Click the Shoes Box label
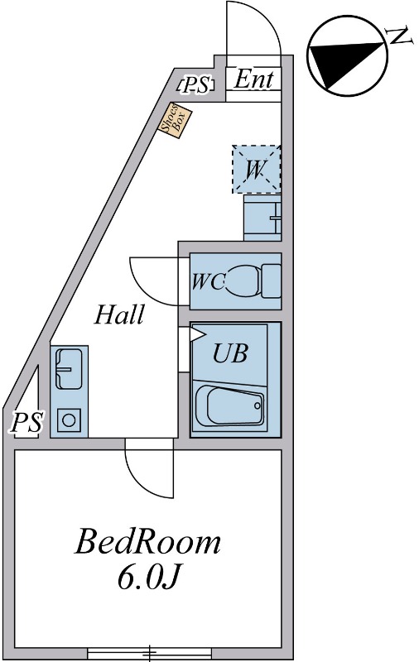175,121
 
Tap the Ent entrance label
253,79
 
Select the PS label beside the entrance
196,86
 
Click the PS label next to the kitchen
27,423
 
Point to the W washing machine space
256,170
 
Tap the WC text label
208,281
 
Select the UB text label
230,354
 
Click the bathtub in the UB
230,406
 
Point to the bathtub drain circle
258,405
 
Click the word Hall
119,315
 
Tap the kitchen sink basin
69,368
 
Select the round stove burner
69,420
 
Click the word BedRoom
148,542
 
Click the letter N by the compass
400,36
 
